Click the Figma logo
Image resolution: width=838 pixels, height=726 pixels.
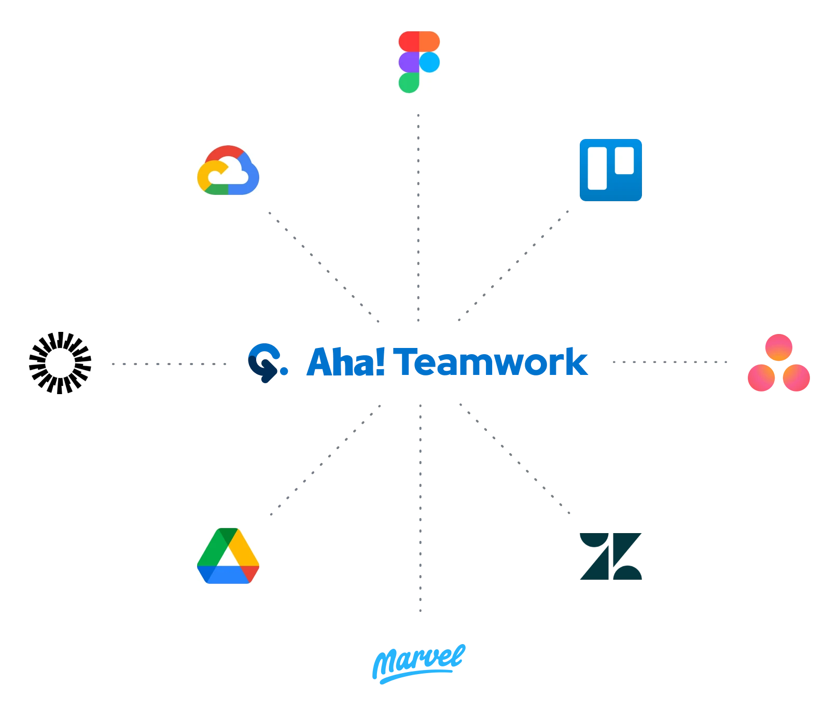[420, 62]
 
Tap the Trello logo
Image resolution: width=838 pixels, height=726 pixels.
[610, 170]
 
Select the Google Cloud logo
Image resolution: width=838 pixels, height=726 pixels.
[228, 170]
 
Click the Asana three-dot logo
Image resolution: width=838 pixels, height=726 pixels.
[779, 363]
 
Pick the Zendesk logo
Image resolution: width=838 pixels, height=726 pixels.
[610, 555]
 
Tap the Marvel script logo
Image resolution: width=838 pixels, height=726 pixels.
[419, 663]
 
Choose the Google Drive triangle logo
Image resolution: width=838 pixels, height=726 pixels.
[228, 555]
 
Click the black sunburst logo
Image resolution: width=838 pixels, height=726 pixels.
[60, 363]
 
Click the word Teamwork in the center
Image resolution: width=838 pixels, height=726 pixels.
[493, 362]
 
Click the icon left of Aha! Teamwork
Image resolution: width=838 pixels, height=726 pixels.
[266, 362]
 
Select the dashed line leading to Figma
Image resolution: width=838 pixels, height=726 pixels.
[419, 218]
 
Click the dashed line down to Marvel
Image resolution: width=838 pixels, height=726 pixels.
[421, 508]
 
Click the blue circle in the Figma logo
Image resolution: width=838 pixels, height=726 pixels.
[429, 62]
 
